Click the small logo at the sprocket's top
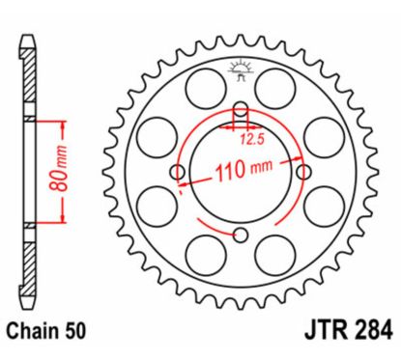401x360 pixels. [242, 70]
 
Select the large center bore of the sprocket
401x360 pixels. [242, 193]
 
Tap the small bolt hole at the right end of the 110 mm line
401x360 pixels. [306, 173]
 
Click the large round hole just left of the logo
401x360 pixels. [199, 90]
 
